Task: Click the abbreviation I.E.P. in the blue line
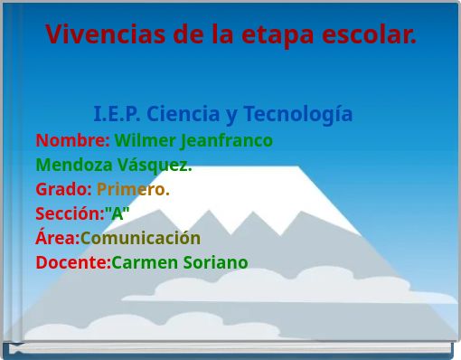(x=118, y=115)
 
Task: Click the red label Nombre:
(x=72, y=141)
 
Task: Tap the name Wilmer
(x=145, y=141)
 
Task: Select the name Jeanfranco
(x=227, y=141)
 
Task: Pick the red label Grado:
(x=63, y=190)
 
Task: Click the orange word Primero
(x=133, y=190)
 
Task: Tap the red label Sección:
(x=70, y=214)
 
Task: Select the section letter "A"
(x=118, y=214)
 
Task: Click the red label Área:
(x=57, y=239)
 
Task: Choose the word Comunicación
(x=140, y=239)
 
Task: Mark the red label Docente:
(x=72, y=263)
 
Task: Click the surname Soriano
(x=216, y=263)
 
